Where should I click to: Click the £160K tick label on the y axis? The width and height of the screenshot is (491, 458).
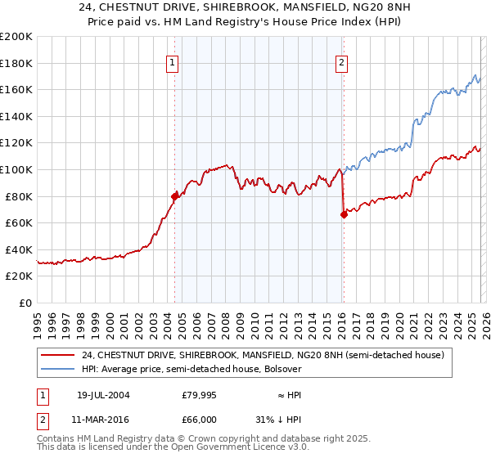pyautogui.click(x=16, y=89)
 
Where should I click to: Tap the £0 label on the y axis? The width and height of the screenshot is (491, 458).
pyautogui.click(x=25, y=303)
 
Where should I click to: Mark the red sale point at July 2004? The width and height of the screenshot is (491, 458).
pyautogui.click(x=174, y=196)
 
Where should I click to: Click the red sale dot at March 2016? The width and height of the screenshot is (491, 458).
pyautogui.click(x=343, y=214)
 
